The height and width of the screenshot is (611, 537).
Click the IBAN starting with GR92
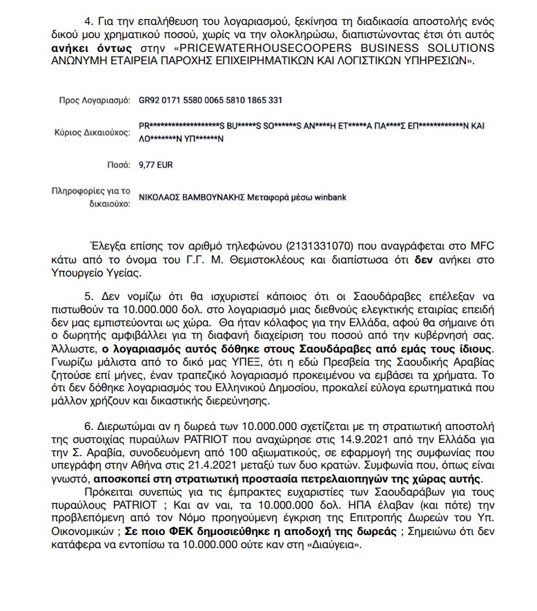(x=211, y=100)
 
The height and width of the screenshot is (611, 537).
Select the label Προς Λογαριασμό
(x=95, y=100)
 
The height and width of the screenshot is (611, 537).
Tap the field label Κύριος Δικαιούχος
(x=92, y=132)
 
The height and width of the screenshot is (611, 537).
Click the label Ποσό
(x=119, y=164)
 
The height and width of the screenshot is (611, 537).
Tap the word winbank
(x=331, y=197)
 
